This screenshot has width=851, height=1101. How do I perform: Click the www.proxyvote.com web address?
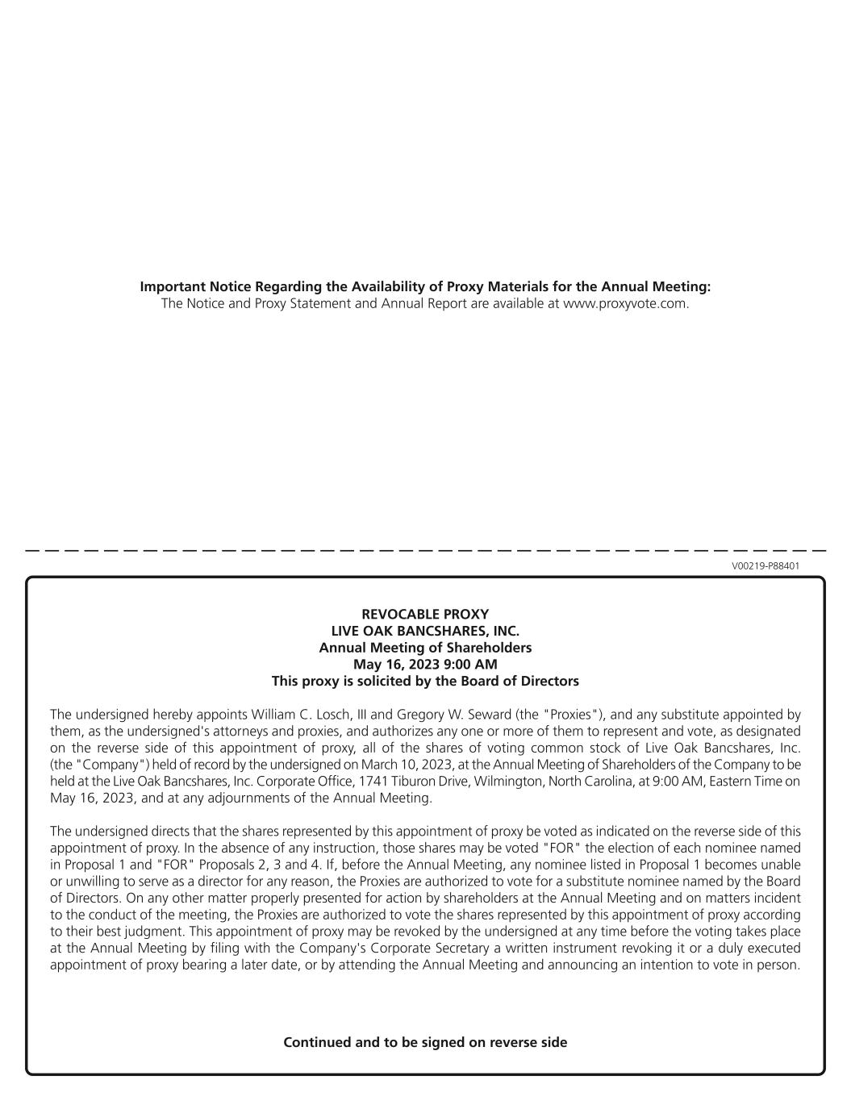(625, 304)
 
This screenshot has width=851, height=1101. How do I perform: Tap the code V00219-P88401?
(765, 566)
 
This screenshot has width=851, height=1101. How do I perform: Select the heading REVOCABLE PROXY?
(425, 614)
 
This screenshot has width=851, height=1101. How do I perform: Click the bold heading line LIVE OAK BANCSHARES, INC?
(425, 631)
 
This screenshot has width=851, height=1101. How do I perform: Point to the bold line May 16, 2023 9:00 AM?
(425, 664)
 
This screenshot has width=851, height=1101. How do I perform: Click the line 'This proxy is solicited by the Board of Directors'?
(425, 681)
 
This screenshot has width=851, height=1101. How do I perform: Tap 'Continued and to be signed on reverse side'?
(425, 1042)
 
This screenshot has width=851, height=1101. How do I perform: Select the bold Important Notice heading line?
(425, 287)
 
